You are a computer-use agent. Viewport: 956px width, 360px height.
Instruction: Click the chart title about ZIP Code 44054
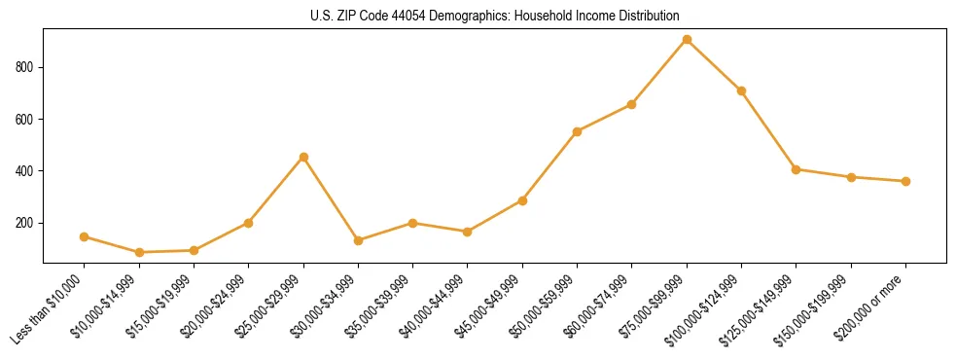[495, 16]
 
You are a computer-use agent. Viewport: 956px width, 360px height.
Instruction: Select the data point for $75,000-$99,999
[687, 40]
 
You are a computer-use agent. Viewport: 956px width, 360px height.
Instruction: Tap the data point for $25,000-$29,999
[303, 157]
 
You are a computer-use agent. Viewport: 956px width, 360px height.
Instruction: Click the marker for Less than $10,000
[85, 236]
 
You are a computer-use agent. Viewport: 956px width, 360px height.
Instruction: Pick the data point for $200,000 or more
[905, 181]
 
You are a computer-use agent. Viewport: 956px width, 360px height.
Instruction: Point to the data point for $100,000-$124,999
[741, 90]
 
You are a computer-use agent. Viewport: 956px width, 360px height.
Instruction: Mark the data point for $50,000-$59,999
[577, 131]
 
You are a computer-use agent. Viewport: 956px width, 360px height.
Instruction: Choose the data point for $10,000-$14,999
[139, 252]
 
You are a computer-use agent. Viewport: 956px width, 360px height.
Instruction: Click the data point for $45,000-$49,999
[522, 200]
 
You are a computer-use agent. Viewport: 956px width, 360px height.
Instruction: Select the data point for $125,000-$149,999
[796, 169]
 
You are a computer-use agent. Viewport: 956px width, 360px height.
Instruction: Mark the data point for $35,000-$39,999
[412, 223]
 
